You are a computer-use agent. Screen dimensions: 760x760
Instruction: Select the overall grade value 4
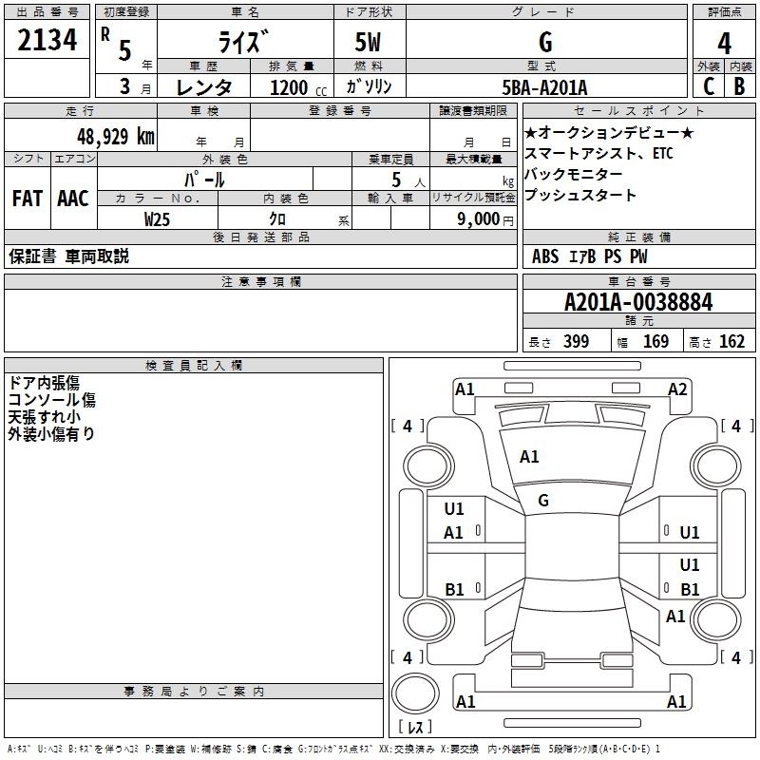click(x=724, y=44)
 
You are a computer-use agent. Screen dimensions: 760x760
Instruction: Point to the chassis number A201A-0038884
click(x=637, y=303)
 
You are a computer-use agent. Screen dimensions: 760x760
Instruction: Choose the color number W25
click(x=158, y=218)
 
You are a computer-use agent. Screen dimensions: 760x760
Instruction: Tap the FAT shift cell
click(x=27, y=199)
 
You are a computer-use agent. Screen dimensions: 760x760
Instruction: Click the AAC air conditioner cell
click(x=72, y=199)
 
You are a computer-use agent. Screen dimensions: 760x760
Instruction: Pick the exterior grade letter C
click(x=708, y=86)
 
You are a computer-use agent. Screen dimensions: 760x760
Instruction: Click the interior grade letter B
click(x=739, y=86)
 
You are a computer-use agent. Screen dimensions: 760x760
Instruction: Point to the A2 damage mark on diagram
click(x=676, y=389)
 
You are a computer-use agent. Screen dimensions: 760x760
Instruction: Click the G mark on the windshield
click(x=543, y=501)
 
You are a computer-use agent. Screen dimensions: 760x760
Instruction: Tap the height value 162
click(x=731, y=342)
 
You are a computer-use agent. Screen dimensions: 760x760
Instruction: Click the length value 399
click(x=576, y=342)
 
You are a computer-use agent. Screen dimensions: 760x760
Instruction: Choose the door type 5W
click(x=369, y=43)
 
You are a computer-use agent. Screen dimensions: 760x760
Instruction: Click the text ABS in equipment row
click(x=545, y=256)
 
